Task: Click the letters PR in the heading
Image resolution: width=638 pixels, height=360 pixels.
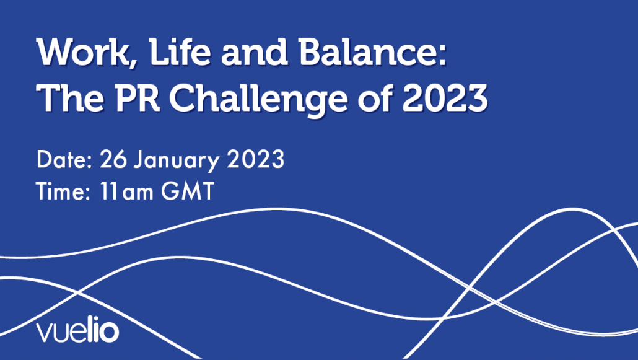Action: (138, 98)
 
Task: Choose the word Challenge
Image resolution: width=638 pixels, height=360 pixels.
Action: (258, 100)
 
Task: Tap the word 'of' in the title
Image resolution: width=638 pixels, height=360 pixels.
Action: (375, 97)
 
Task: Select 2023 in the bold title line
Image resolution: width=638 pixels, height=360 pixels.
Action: (445, 98)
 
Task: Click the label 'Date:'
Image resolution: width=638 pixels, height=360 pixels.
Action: (64, 159)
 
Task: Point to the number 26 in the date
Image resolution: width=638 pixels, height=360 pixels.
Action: (113, 159)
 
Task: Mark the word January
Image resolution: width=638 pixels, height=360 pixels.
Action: (177, 161)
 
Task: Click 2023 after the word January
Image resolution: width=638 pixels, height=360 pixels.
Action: (256, 159)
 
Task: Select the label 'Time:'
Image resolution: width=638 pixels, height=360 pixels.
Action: (63, 191)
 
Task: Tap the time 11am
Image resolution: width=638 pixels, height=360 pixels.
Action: (126, 191)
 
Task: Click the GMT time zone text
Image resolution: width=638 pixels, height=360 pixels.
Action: (188, 191)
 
